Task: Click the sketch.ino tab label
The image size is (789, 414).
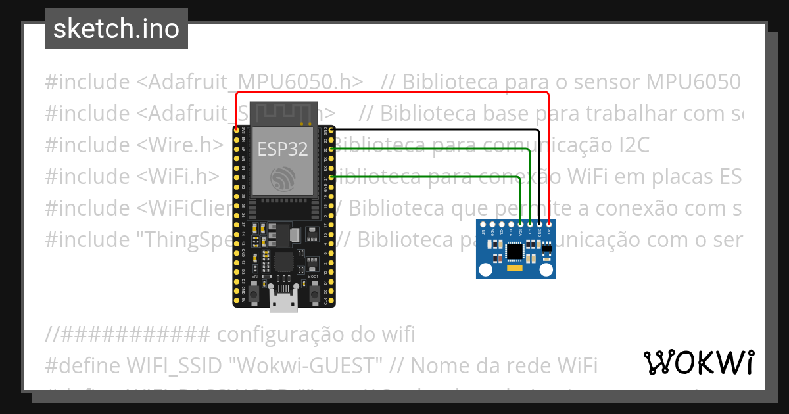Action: [116, 30]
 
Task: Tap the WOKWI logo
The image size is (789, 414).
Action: [698, 362]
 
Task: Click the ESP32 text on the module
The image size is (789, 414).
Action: [282, 149]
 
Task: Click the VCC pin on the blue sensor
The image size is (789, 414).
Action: [549, 224]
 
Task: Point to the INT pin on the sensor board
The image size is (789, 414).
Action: [483, 224]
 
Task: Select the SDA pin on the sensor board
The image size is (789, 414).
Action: [521, 224]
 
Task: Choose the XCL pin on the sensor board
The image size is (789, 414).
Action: [502, 224]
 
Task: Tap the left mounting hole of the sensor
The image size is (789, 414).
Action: [485, 269]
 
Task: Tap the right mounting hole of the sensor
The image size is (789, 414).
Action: [546, 269]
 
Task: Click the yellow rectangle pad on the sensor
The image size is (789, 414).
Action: [515, 267]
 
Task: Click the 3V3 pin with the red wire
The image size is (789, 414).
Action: [236, 131]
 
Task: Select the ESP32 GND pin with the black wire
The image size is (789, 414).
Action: [333, 131]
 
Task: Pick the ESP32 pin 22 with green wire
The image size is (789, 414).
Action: [333, 149]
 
